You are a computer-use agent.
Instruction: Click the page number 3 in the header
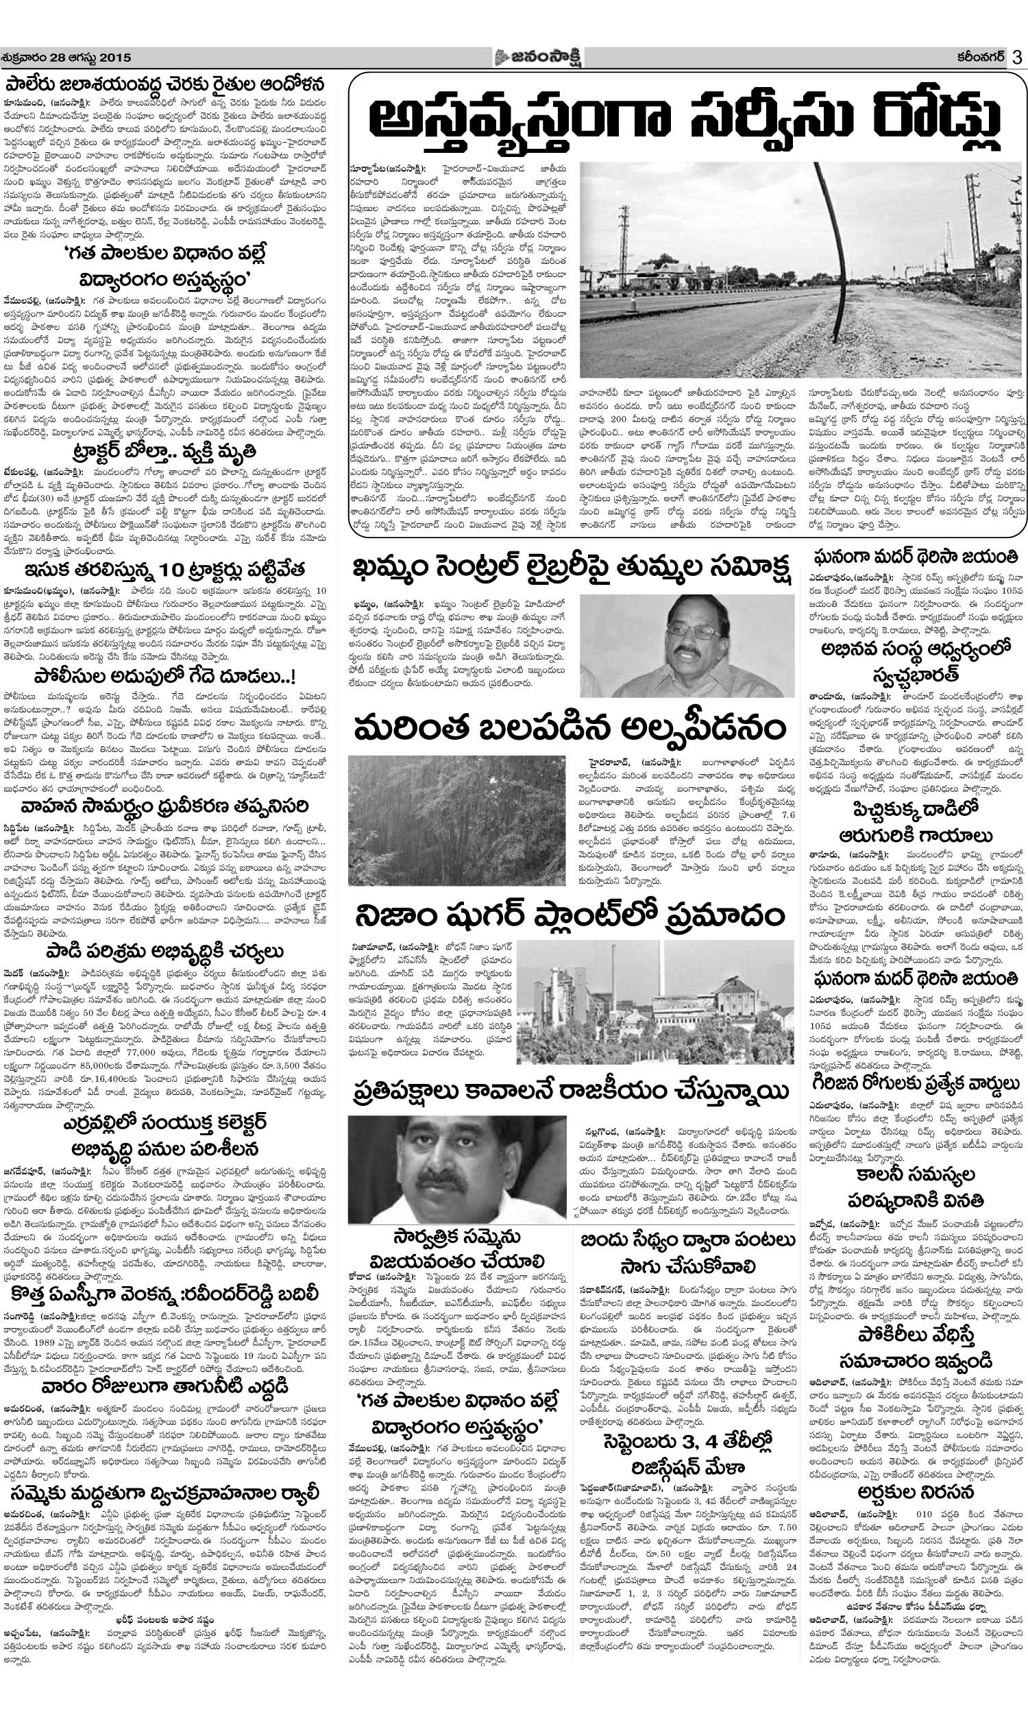1017,58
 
